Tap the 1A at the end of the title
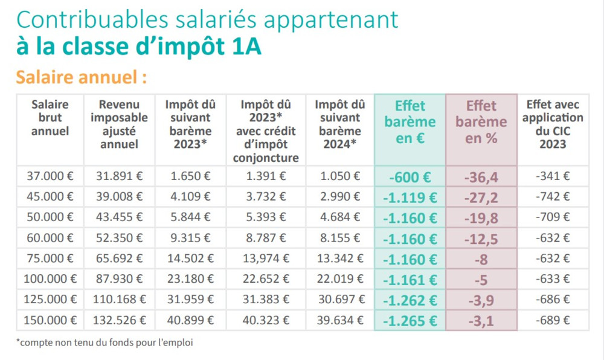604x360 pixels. point(246,47)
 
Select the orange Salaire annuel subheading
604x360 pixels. point(82,78)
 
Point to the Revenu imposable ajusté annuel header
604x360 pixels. point(119,124)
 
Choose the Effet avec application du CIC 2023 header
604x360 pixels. point(553,124)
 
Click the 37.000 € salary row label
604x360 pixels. point(50,176)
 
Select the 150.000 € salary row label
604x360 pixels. point(50,320)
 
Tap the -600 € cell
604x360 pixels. point(410,177)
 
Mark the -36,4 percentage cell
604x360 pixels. point(481,177)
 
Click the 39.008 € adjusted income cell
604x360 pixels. point(119,197)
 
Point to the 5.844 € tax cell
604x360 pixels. point(190,217)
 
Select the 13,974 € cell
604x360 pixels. point(265,259)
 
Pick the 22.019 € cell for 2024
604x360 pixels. point(339,279)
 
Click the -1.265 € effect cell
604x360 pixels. point(410,321)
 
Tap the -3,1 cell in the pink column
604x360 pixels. point(481,321)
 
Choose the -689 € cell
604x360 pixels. point(553,320)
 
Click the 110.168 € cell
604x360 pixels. point(119,300)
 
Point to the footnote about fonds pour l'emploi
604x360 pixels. point(105,342)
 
